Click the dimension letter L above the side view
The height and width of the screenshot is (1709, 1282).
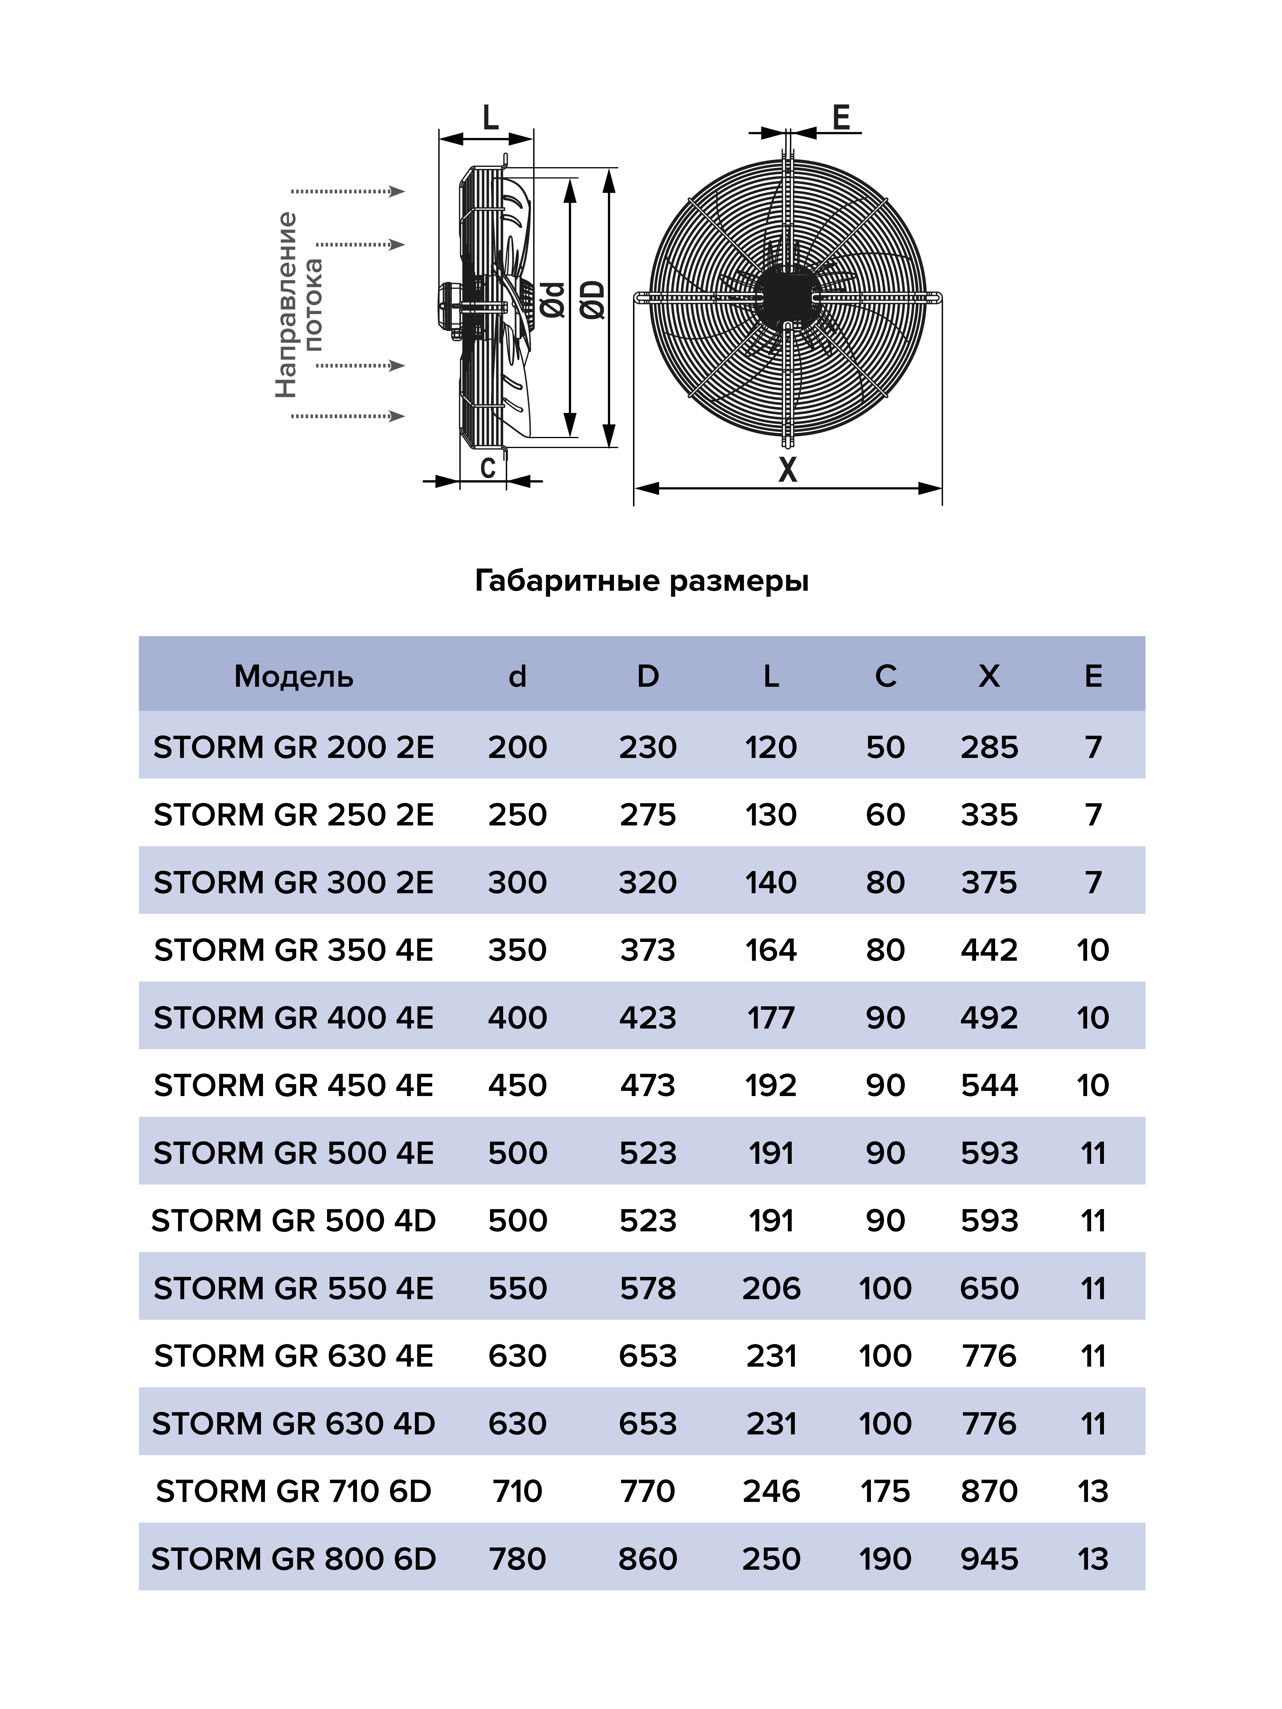[x=490, y=118]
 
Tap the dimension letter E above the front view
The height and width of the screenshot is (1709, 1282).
[x=841, y=117]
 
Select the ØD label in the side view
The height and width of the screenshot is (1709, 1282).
[x=593, y=300]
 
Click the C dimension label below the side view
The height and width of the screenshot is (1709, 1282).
[x=488, y=467]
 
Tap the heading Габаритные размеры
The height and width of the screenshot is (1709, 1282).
[x=641, y=580]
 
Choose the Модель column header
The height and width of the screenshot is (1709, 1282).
[x=294, y=676]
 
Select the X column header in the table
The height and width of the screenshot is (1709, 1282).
[x=989, y=676]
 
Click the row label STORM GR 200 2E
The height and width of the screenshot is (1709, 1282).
[x=294, y=747]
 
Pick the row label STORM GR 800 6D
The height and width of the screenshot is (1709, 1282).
[x=294, y=1559]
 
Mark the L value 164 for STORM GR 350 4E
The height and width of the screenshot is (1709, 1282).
[x=770, y=950]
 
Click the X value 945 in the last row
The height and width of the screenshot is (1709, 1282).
[x=989, y=1559]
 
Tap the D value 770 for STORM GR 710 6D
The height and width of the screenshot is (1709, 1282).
[x=648, y=1491]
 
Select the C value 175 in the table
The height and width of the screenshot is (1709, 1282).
[x=885, y=1491]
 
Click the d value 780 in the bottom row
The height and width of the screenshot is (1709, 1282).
[x=517, y=1559]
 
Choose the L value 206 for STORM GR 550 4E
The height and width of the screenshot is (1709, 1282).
[x=770, y=1288]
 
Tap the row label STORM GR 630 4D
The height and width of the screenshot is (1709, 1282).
[x=294, y=1423]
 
